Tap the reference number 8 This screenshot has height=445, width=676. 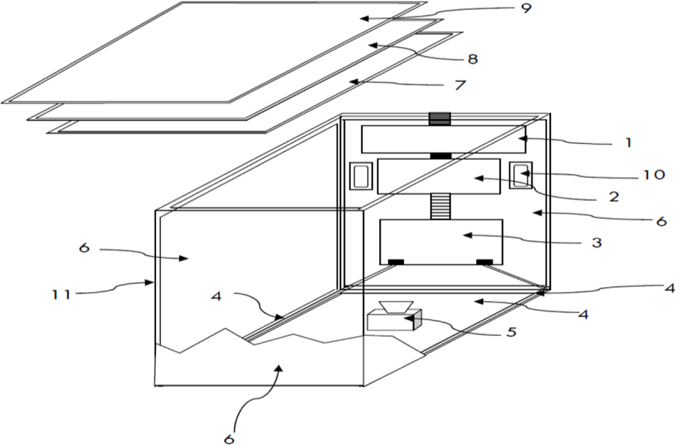point(473,59)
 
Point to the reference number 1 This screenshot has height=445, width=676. point(628,143)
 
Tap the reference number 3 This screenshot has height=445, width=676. point(596,241)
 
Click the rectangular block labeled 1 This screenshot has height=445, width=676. point(443,139)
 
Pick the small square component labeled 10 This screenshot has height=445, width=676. point(521,175)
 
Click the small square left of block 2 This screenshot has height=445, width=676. point(360,176)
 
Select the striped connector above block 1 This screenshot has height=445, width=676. point(441,118)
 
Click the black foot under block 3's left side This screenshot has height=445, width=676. point(395,262)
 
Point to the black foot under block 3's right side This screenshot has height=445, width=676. point(484,262)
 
